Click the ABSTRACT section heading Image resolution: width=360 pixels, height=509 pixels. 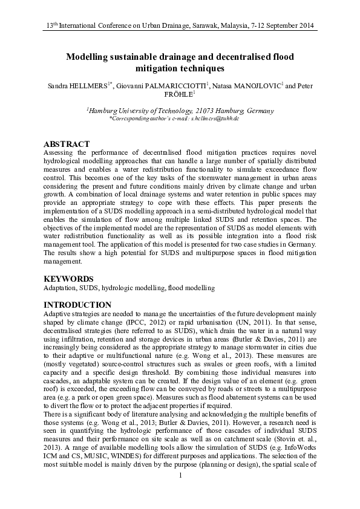pyautogui.click(x=67, y=144)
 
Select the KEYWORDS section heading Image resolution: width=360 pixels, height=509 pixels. pyautogui.click(x=68, y=279)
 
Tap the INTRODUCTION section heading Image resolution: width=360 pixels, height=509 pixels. pyautogui.click(x=77, y=305)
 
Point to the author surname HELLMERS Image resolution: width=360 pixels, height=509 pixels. pyautogui.click(x=90, y=86)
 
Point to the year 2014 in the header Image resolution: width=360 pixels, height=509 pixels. pyautogui.click(x=305, y=27)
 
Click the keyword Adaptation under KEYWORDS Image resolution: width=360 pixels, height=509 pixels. pyautogui.click(x=62, y=290)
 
